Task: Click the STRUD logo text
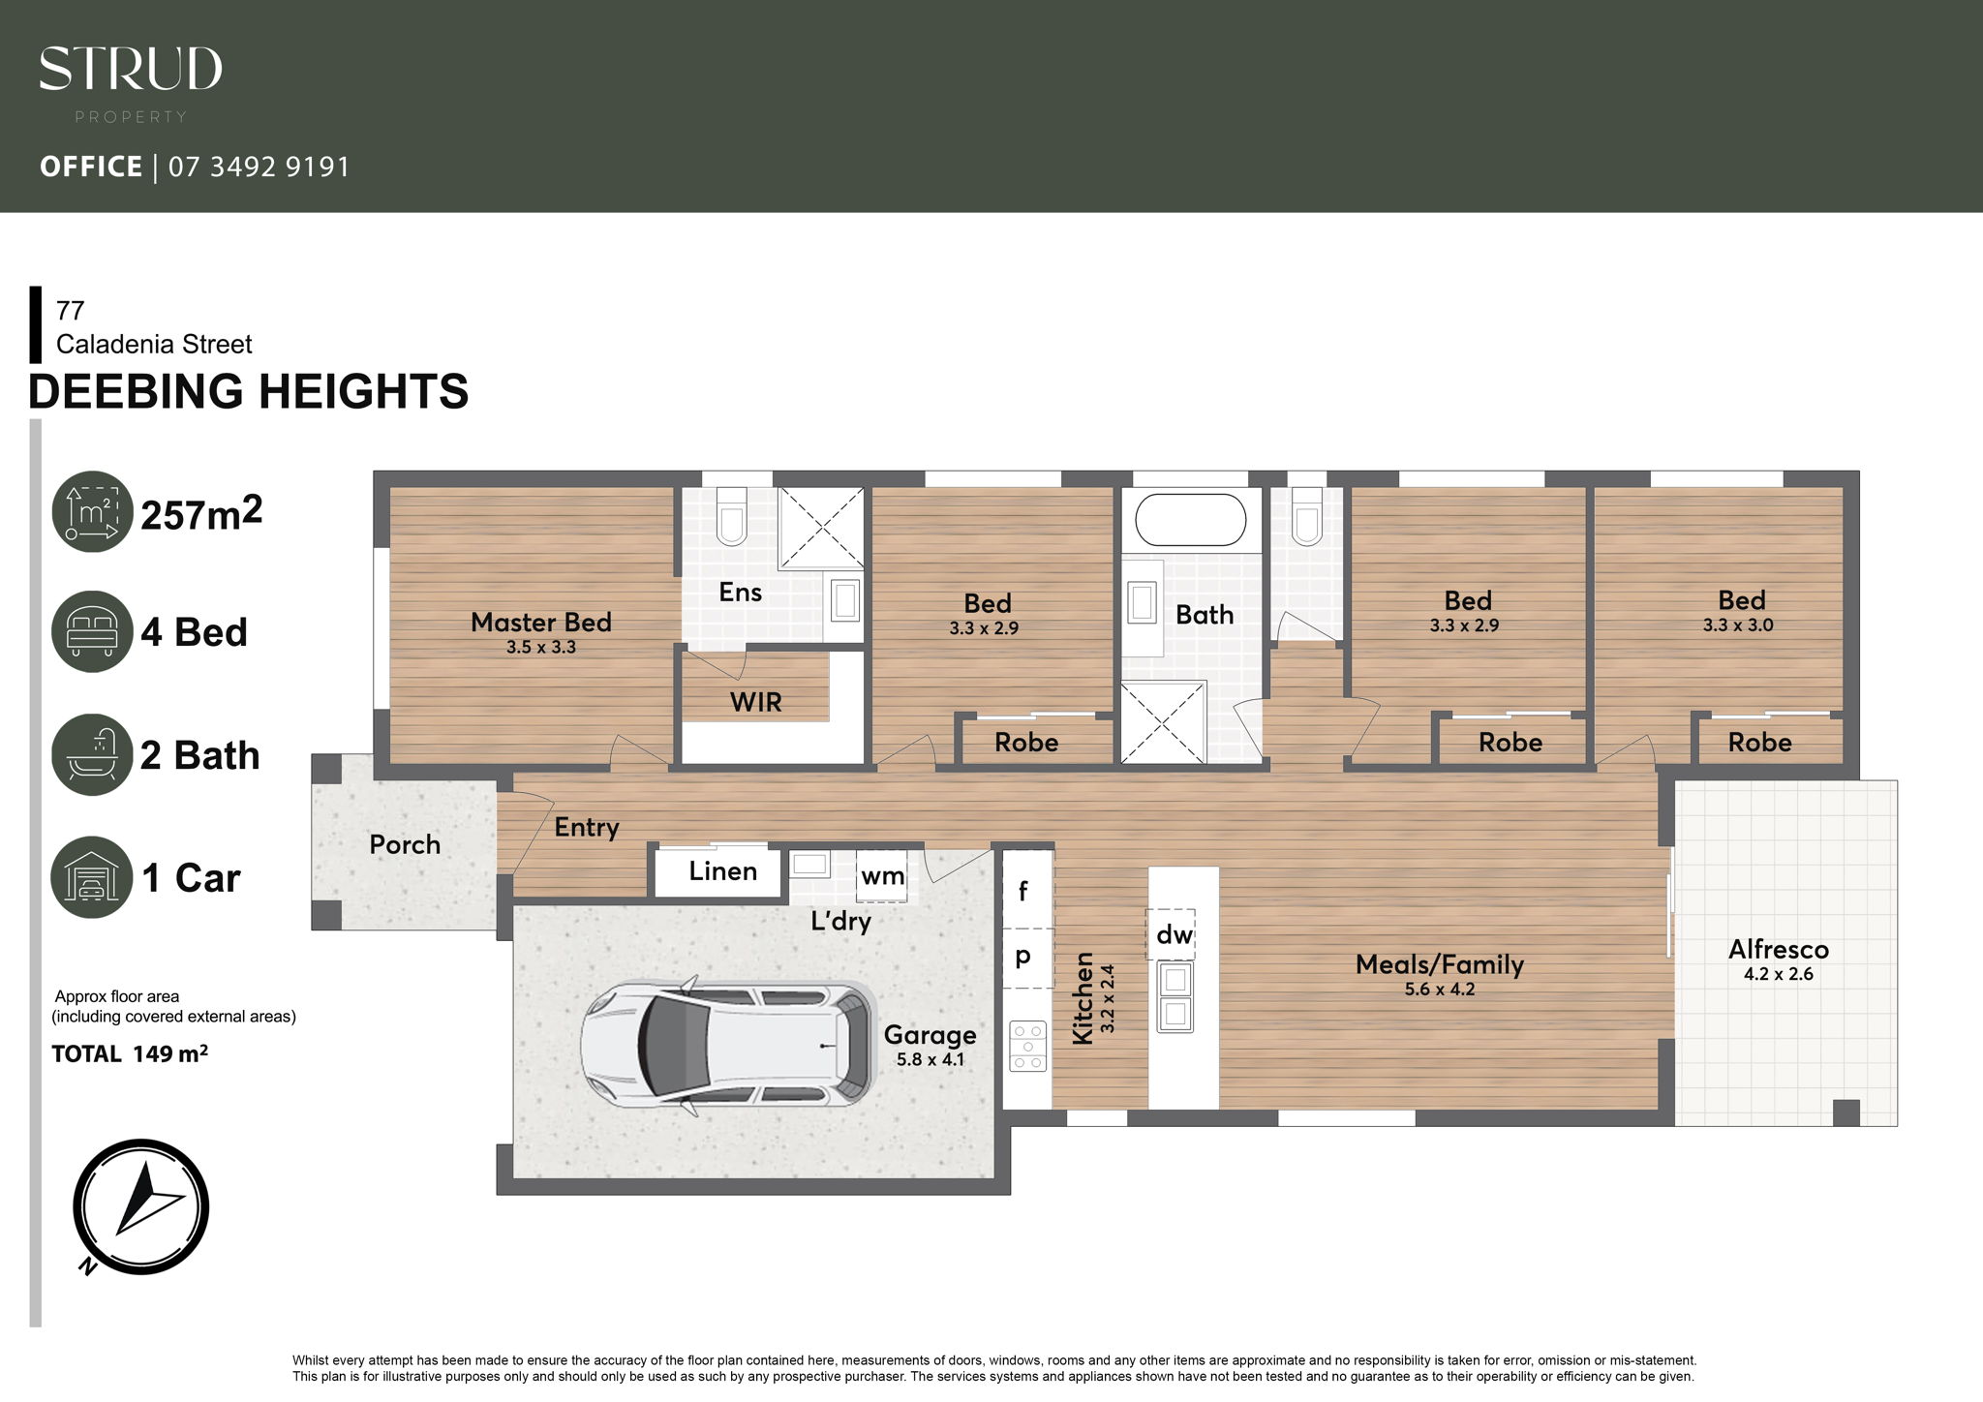pyautogui.click(x=131, y=69)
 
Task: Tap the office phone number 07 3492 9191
pyautogui.click(x=259, y=168)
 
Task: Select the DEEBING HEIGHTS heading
pyautogui.click(x=248, y=391)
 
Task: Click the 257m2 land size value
pyautogui.click(x=201, y=513)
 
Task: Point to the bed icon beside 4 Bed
pyautogui.click(x=92, y=631)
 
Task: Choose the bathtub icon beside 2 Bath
pyautogui.click(x=92, y=754)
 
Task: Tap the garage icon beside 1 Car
pyautogui.click(x=92, y=877)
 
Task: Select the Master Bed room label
pyautogui.click(x=541, y=622)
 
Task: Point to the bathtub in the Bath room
pyautogui.click(x=1191, y=520)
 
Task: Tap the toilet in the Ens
pyautogui.click(x=732, y=515)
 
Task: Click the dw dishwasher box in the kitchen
pyautogui.click(x=1171, y=933)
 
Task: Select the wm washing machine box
pyautogui.click(x=881, y=875)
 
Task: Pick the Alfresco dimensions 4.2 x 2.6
pyautogui.click(x=1779, y=974)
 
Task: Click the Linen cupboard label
pyautogui.click(x=723, y=871)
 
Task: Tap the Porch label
pyautogui.click(x=405, y=844)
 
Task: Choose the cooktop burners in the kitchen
pyautogui.click(x=1027, y=1046)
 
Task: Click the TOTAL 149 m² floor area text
pyautogui.click(x=130, y=1053)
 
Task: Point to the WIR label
pyautogui.click(x=756, y=702)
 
